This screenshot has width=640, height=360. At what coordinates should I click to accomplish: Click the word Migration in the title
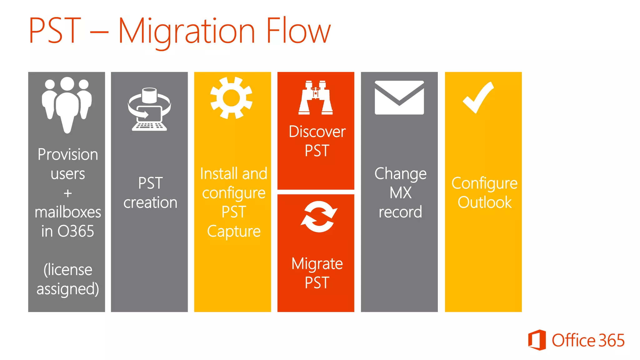[x=187, y=31]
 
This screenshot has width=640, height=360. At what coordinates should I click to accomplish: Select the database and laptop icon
[x=149, y=109]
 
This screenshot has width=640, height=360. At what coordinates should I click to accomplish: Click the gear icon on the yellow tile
[x=231, y=98]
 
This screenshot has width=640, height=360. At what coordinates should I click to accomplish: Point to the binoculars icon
[x=316, y=98]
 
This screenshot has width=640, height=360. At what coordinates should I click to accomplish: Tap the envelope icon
[x=399, y=97]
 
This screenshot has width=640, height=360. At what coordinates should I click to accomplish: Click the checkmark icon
[x=478, y=97]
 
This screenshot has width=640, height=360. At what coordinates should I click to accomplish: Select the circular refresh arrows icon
[x=319, y=217]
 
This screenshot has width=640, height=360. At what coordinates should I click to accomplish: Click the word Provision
[x=68, y=155]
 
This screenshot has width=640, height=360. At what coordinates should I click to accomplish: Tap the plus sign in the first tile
[x=67, y=193]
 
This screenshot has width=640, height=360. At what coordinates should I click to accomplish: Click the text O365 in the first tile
[x=76, y=232]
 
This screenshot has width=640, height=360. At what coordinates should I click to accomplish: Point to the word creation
[x=150, y=203]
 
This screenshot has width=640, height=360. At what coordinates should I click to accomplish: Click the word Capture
[x=233, y=232]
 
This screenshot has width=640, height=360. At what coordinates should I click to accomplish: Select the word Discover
[x=317, y=132]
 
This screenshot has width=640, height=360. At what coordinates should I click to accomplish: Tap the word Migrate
[x=317, y=264]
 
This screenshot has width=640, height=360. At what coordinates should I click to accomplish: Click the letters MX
[x=400, y=193]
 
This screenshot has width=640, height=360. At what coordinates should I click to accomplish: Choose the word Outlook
[x=484, y=202]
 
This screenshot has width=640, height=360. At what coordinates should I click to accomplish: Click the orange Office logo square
[x=537, y=340]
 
